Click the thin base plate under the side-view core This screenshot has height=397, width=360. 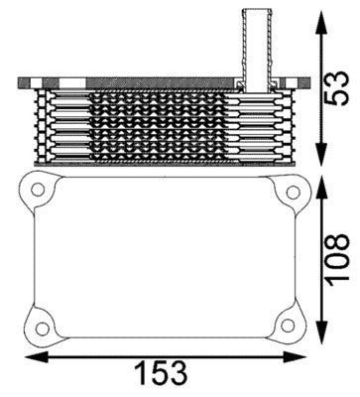tap(164, 162)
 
